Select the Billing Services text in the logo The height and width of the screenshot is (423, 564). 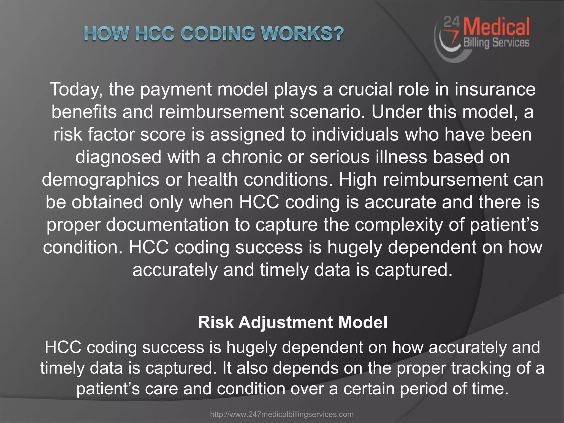496,43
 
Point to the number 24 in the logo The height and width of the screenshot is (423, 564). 452,22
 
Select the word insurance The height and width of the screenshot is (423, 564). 495,90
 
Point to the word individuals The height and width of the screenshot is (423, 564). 355,135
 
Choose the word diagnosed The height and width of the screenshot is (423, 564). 118,157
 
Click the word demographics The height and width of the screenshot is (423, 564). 101,180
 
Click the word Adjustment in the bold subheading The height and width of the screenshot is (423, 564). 286,322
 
